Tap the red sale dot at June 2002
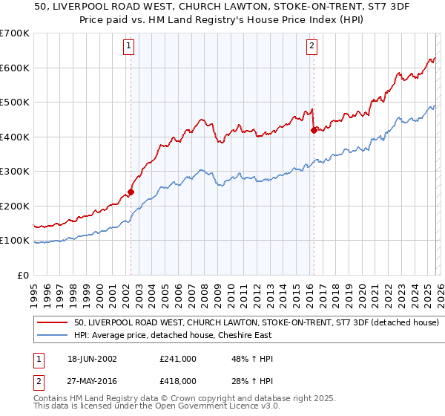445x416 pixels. tap(131, 192)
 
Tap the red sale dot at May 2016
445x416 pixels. tap(313, 130)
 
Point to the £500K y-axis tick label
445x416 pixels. tap(15, 102)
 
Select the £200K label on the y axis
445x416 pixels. tap(15, 206)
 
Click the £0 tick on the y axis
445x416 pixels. tap(22, 275)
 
